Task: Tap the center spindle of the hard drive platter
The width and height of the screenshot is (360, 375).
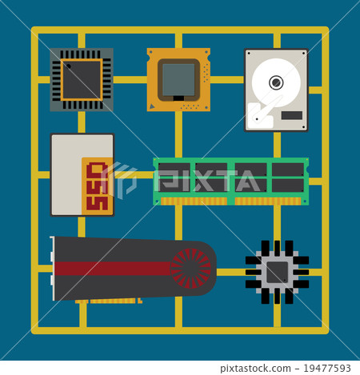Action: tap(276, 82)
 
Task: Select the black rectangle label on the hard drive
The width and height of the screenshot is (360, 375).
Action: tap(293, 117)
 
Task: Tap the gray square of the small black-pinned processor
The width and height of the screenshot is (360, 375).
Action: tap(277, 273)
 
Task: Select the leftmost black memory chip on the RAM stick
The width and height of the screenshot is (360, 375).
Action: tap(174, 178)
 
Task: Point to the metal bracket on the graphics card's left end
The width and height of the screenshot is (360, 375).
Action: tap(53, 269)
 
